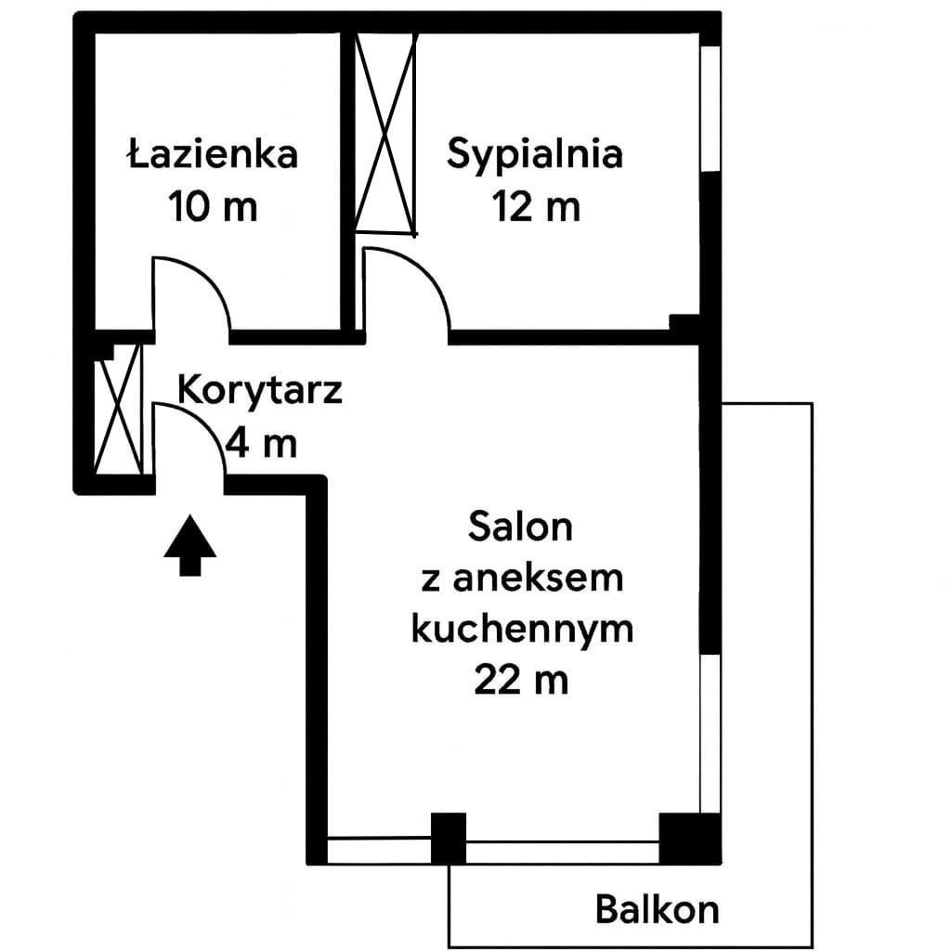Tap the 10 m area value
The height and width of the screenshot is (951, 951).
coord(213,206)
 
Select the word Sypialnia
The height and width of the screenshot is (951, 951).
coord(535,155)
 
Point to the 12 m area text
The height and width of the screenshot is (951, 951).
coord(536,206)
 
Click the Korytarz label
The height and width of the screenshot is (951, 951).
coord(260,392)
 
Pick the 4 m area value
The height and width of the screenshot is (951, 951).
coord(261,444)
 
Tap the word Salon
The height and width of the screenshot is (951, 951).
coord(520,527)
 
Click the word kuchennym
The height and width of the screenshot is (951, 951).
coord(522,630)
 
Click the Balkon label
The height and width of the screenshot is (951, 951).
coord(658,910)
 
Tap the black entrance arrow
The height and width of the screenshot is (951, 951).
coord(189,544)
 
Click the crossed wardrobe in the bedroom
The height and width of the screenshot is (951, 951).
coord(386,134)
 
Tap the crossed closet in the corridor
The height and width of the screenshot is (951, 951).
coord(119,410)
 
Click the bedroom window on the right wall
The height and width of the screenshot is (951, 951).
coord(710,110)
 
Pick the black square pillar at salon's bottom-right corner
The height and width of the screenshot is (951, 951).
coord(690,839)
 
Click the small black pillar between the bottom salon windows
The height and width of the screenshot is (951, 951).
coord(449,839)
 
